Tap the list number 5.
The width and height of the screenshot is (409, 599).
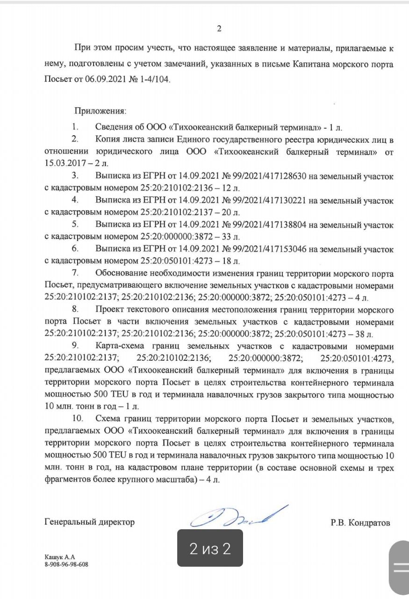[75, 225]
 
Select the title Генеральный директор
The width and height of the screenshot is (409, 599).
[89, 522]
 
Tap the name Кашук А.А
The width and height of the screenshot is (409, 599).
[60, 557]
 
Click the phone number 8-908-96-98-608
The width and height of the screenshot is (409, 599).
[66, 564]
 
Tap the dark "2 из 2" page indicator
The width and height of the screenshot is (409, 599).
[210, 548]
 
